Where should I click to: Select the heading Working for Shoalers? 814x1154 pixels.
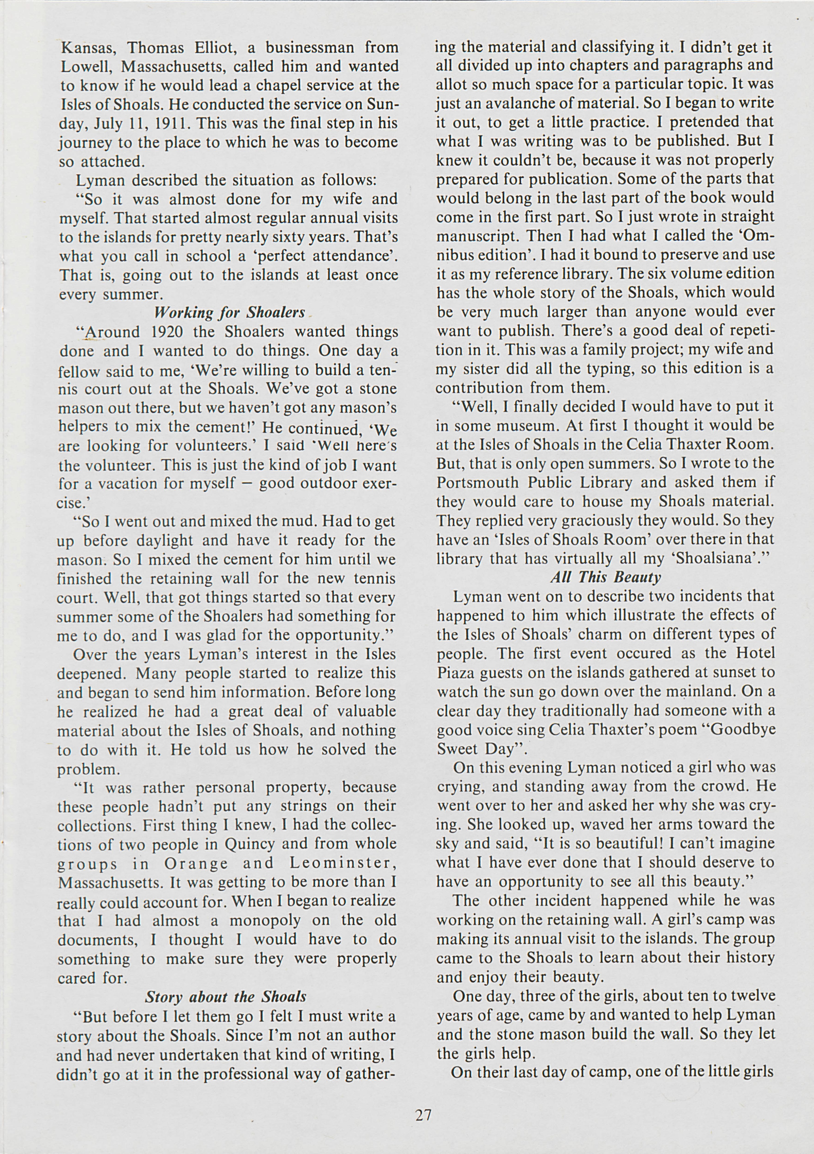click(x=230, y=313)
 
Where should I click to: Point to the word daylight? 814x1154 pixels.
click(x=161, y=540)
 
